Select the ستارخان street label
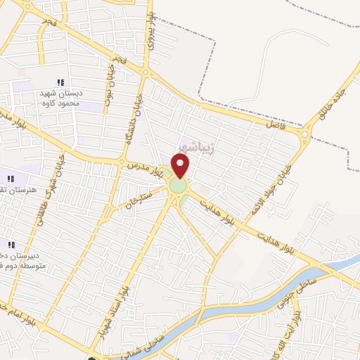(x=138, y=198)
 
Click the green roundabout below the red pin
(x=179, y=186)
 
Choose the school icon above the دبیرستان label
(x=11, y=244)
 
